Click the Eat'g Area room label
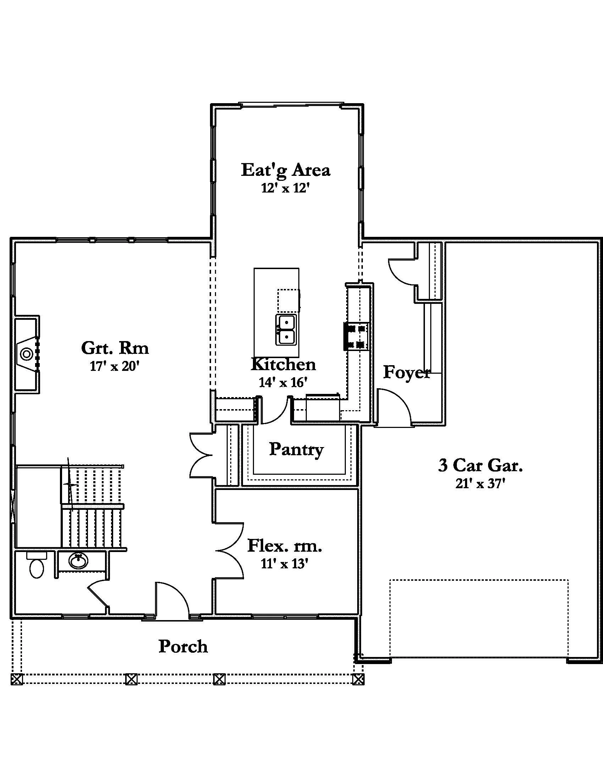coord(286,170)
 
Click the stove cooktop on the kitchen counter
coord(357,336)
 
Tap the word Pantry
coord(296,449)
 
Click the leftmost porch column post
coord(17,679)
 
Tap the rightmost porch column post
coord(358,679)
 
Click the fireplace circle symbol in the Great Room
coord(26,354)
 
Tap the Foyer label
coord(406,372)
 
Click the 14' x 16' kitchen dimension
coord(283,383)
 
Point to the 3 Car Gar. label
coord(481,466)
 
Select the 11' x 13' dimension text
coord(284,564)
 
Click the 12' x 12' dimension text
coord(285,188)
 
